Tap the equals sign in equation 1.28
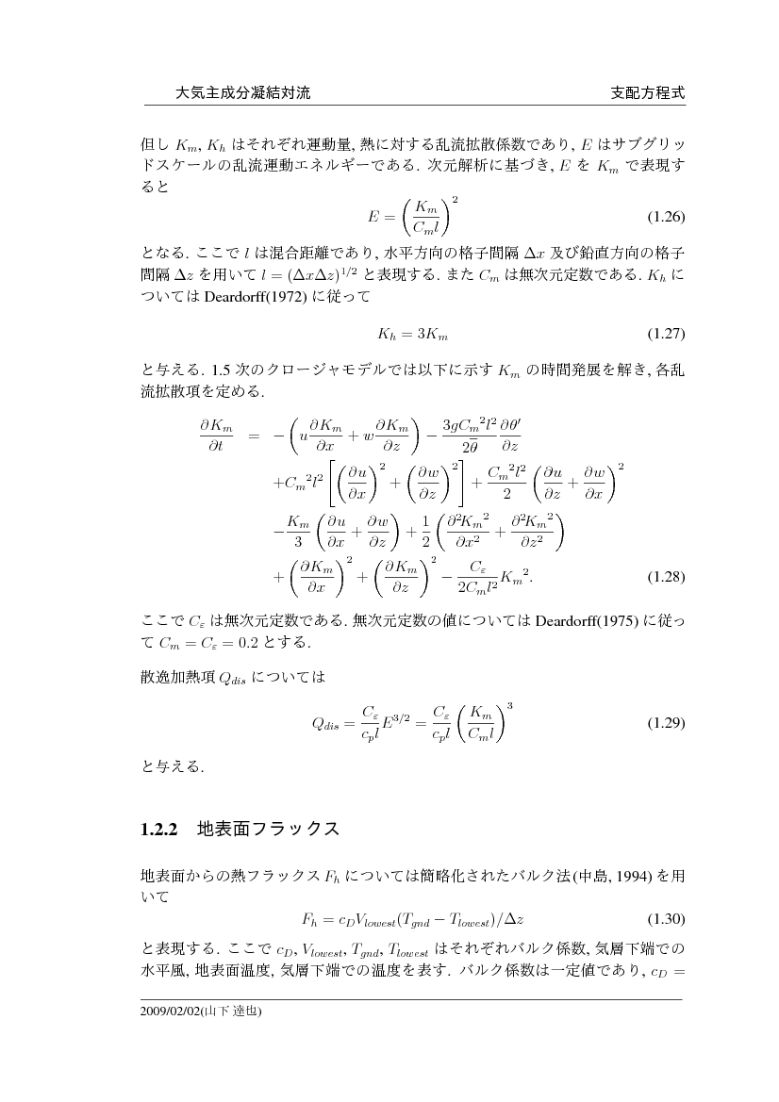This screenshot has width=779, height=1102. [254, 436]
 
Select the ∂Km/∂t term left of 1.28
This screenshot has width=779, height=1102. [216, 436]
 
